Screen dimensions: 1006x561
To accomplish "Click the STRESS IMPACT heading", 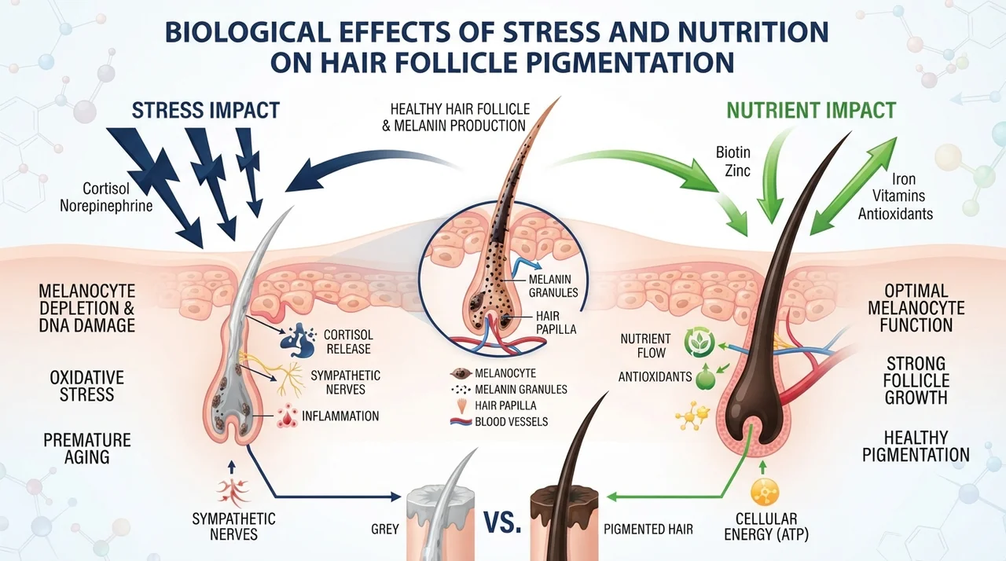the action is [x=206, y=111].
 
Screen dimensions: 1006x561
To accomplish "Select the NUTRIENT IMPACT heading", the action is [x=811, y=111].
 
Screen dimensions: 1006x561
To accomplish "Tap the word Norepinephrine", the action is [x=106, y=206].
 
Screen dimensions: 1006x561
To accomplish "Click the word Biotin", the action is [x=733, y=152].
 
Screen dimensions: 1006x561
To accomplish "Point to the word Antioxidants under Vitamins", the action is [x=895, y=214].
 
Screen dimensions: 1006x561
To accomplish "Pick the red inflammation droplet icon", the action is [x=287, y=416].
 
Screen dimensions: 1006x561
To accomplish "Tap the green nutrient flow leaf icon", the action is [x=699, y=343].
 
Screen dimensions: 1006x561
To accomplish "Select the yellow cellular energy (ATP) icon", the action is [x=765, y=491].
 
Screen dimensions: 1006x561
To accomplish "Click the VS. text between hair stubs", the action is [x=502, y=522].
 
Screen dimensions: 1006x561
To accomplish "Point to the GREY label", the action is [x=385, y=529].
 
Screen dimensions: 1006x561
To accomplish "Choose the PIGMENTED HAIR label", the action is [x=648, y=529].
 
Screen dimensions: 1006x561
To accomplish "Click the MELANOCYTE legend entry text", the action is [x=505, y=373].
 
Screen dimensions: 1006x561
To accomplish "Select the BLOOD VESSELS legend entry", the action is [x=511, y=421].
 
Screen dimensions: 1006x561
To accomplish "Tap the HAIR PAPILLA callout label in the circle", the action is [x=556, y=323].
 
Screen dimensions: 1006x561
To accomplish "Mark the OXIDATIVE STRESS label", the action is [x=86, y=386].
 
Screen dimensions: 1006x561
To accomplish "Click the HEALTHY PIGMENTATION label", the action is [x=916, y=446].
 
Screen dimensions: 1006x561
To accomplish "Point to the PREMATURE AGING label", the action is [x=86, y=449].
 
